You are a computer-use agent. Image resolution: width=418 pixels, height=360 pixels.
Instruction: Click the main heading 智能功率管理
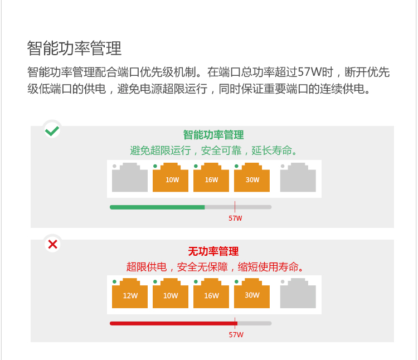coord(74,48)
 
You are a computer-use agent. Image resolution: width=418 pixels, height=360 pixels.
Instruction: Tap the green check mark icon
coord(52,130)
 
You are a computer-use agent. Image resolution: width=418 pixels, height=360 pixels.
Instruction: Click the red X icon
coord(52,244)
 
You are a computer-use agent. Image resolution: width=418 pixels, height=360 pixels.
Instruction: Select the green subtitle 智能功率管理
coord(213,135)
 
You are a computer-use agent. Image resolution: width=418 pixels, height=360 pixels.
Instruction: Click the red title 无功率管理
coord(213,251)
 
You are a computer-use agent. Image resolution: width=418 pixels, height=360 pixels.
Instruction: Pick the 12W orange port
coord(130,294)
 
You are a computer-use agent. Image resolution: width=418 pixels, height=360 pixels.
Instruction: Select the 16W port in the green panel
coord(211,178)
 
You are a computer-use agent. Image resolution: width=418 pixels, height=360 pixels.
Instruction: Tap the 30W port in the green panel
coord(252,178)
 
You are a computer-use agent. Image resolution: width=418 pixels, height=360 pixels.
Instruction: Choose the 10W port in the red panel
coord(171,294)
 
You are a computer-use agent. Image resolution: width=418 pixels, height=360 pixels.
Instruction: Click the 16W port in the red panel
coord(211,294)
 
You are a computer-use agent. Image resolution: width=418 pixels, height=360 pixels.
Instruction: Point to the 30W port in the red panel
coord(252,294)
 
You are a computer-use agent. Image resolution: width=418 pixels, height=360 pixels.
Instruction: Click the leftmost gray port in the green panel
coord(130,178)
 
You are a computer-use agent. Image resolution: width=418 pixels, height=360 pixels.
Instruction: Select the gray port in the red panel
coord(298,294)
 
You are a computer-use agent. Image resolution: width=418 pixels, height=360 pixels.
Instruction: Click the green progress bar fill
coord(157,207)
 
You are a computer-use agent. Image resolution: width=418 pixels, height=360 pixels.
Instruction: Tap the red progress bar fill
coord(173,323)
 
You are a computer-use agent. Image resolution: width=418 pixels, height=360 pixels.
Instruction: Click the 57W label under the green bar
coord(235,218)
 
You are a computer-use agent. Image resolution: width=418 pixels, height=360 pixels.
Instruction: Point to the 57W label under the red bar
coord(236,335)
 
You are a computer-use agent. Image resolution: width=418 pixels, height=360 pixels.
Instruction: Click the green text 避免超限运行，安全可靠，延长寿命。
coord(213,150)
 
